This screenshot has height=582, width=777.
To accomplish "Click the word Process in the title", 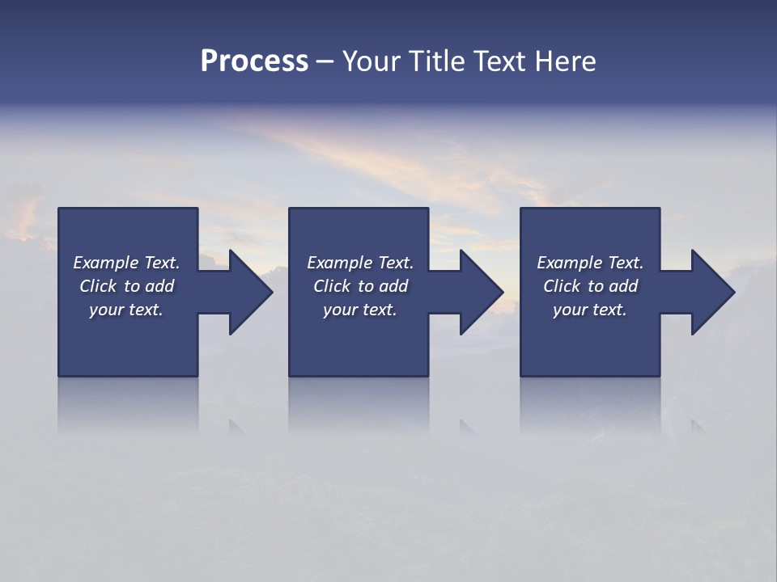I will (254, 61).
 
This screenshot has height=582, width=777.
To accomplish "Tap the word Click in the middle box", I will (332, 286).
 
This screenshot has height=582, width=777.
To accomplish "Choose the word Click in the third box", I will (562, 286).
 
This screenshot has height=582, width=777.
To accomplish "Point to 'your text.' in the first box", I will (126, 310).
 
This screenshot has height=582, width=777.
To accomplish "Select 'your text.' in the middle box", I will (360, 310).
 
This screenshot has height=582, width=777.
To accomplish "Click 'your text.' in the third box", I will (590, 310).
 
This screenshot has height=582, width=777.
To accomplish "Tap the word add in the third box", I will (623, 286).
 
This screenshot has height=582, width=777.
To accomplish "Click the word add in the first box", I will (159, 286).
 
